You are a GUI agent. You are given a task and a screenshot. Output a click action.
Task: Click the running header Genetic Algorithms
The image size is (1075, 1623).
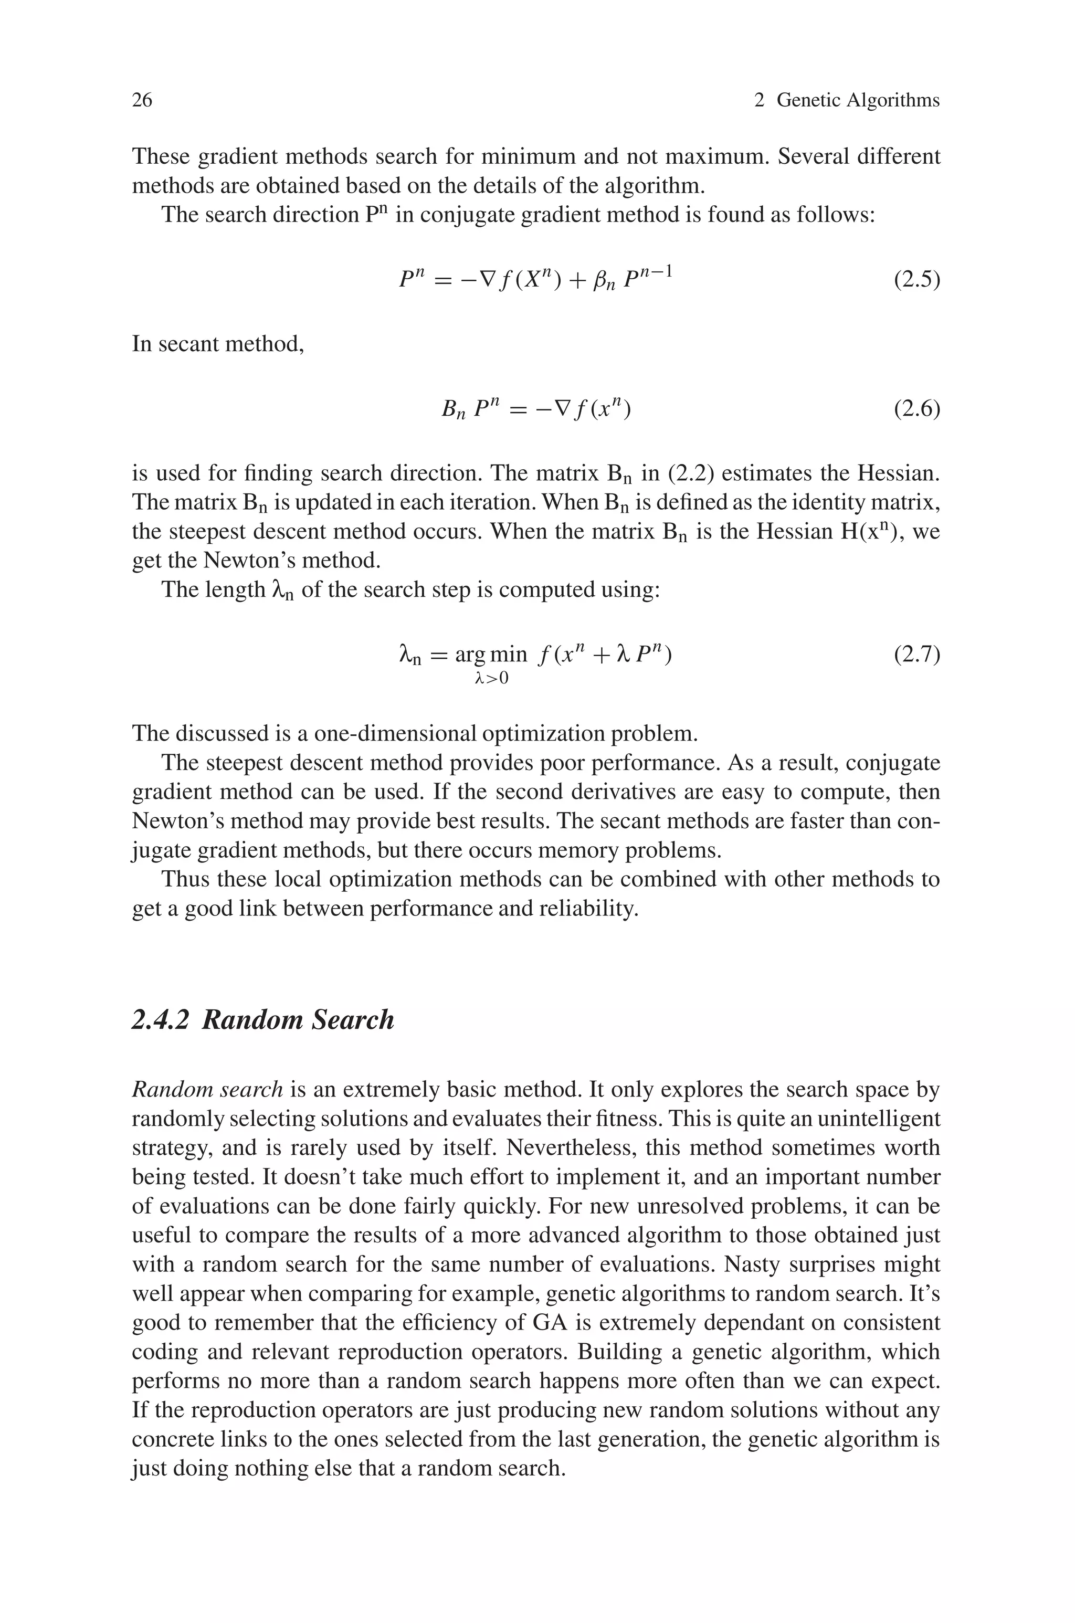[x=857, y=100]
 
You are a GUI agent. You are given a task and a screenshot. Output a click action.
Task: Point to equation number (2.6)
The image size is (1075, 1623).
[x=916, y=409]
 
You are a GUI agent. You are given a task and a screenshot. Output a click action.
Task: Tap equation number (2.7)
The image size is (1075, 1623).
[x=916, y=655]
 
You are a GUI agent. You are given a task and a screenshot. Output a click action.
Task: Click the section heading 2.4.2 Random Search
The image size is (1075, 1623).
[x=262, y=1019]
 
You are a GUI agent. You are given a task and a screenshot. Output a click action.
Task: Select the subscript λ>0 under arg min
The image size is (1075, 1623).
[x=491, y=679]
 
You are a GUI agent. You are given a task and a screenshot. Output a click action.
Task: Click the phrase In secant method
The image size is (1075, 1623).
[x=217, y=343]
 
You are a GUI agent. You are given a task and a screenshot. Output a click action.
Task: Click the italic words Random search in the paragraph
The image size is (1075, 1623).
[x=207, y=1089]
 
